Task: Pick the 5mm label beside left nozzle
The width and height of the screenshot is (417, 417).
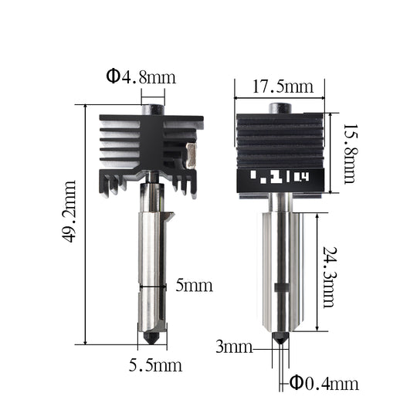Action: (x=194, y=286)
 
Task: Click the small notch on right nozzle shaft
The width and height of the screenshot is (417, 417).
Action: (x=281, y=289)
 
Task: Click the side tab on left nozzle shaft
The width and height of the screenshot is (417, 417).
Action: (x=168, y=216)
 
